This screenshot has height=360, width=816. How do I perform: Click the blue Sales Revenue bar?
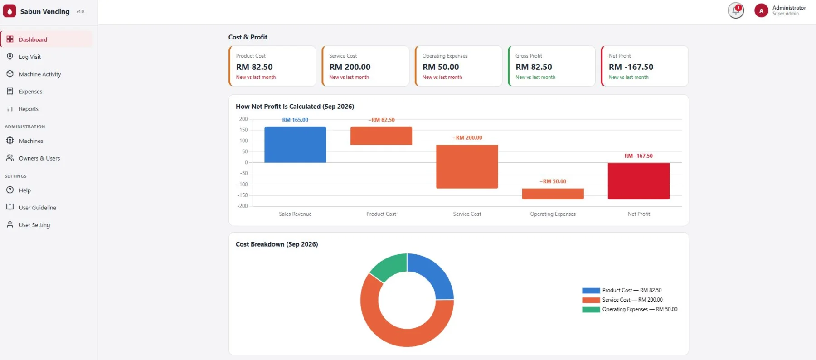(295, 145)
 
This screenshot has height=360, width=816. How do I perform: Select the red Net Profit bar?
(639, 181)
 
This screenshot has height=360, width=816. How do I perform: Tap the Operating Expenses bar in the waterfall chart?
(553, 194)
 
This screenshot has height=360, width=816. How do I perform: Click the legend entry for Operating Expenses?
(630, 309)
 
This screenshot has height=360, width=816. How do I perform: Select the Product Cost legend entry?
(622, 290)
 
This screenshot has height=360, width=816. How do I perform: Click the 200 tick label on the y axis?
(243, 119)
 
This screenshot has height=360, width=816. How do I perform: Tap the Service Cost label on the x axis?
(467, 214)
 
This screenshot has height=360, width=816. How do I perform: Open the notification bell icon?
(736, 10)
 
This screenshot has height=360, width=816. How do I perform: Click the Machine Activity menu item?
(40, 74)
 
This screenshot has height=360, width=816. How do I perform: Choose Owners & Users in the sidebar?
(39, 158)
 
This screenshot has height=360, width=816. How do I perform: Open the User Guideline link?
(38, 208)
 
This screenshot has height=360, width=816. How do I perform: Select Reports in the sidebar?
(29, 109)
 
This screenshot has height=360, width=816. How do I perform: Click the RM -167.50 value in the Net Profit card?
(631, 67)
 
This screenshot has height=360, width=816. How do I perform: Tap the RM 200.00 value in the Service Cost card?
(350, 67)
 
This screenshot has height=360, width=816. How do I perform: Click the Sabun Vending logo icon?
(10, 11)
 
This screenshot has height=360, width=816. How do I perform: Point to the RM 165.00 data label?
(295, 120)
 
